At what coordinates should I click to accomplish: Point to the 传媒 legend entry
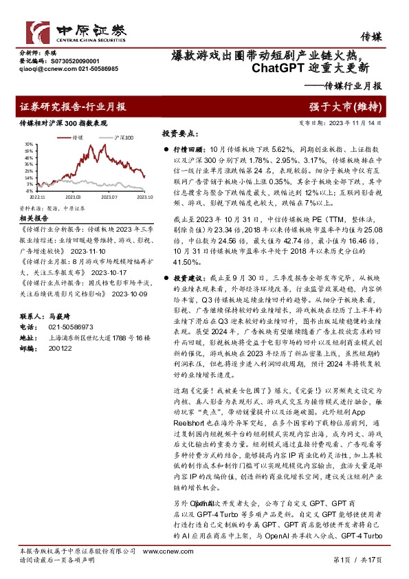pyautogui.click(x=74, y=138)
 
